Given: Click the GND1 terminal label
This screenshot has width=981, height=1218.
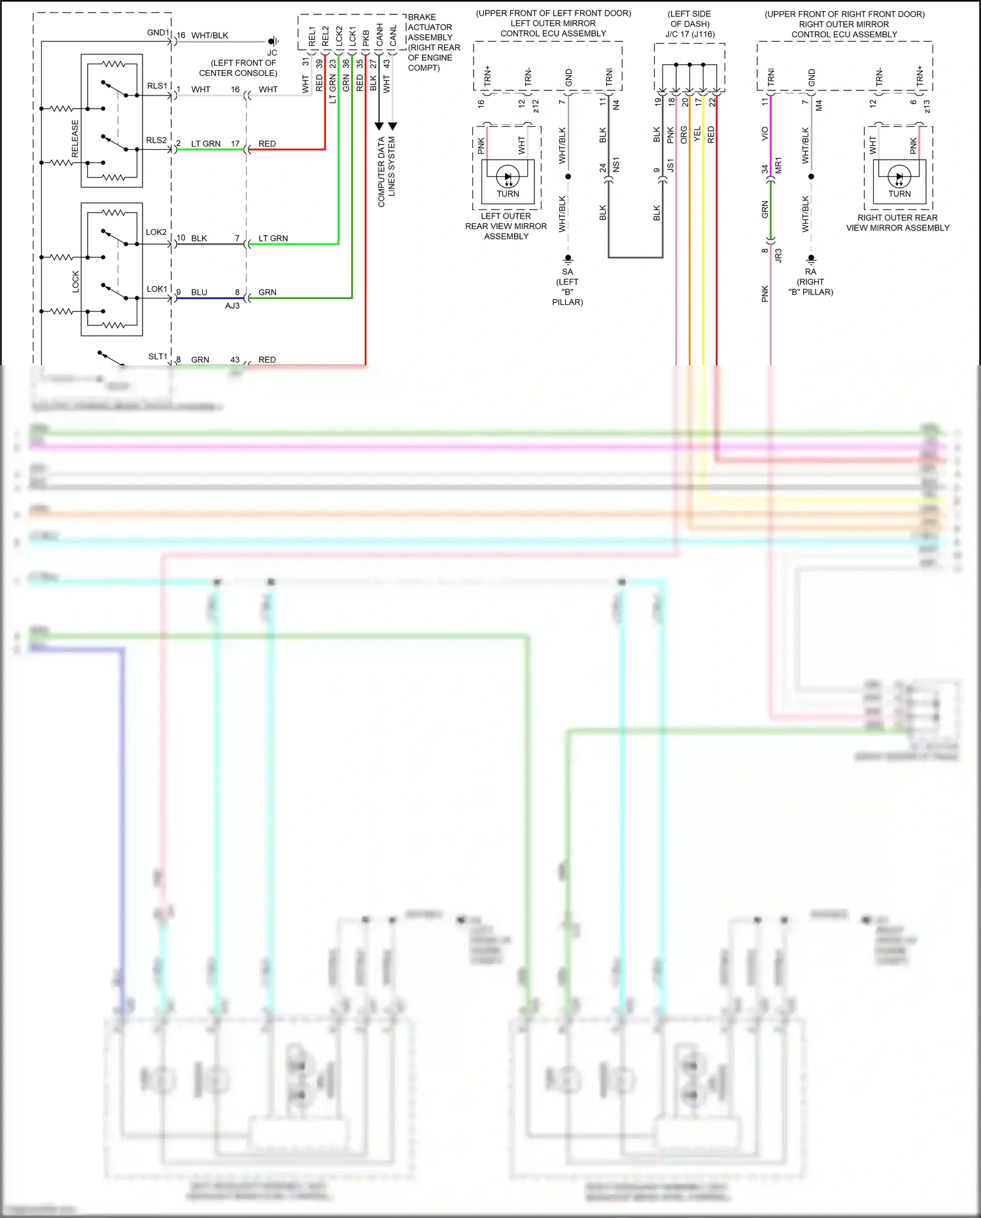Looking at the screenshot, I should (x=158, y=32).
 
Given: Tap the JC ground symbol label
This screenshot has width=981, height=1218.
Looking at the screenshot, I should (x=272, y=53).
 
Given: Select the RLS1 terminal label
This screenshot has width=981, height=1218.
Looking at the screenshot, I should (x=157, y=86).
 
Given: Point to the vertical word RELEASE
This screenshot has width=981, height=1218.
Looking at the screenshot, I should (x=75, y=138).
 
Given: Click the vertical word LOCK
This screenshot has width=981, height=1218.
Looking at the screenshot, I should (x=75, y=281).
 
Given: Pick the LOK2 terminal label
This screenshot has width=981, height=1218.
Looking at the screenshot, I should (x=156, y=232).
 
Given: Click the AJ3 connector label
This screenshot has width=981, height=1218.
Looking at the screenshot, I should (x=232, y=306).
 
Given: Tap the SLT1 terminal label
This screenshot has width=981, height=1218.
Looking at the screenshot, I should (x=158, y=356).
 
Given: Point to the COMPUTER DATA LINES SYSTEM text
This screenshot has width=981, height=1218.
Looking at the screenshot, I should (x=387, y=171).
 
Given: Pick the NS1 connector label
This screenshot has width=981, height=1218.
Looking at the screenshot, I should (x=616, y=165).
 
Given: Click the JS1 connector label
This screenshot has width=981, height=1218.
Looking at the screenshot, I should (x=670, y=165).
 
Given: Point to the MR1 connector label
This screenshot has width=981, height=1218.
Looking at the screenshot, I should (x=778, y=165).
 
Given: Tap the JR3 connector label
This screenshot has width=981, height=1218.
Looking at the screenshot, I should (x=778, y=255).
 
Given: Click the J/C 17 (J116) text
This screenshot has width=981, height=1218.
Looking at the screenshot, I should (x=690, y=34).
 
